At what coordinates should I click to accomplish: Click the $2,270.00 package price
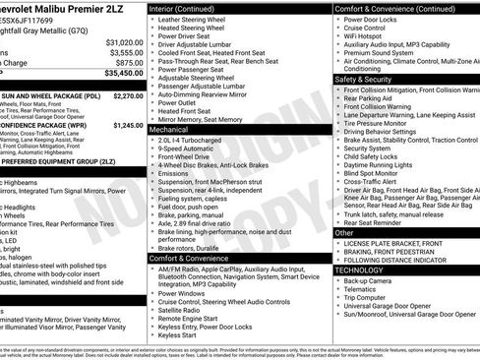tap(128, 96)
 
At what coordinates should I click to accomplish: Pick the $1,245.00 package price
tap(128, 126)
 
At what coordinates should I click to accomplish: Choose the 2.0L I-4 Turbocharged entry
tap(196, 140)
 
